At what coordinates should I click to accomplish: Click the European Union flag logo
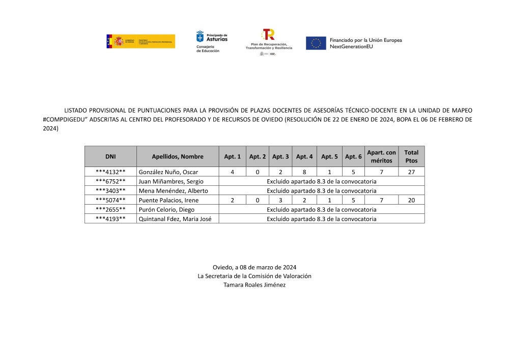316,43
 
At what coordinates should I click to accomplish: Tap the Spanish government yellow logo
140,41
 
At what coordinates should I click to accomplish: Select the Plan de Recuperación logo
269,42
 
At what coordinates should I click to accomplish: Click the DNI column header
110,156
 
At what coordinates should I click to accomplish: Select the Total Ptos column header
411,156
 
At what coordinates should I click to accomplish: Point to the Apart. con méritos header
381,156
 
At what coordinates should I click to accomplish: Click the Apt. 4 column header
304,156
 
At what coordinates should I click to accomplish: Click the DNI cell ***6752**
110,181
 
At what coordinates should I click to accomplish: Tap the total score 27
411,172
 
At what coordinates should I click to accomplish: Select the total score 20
411,200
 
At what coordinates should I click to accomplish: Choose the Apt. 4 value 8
304,172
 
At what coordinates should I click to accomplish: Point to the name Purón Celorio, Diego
166,209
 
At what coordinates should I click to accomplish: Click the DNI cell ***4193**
110,219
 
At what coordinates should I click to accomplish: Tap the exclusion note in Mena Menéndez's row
321,191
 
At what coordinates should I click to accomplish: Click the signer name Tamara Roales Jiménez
254,285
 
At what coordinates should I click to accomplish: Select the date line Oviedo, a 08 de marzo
254,267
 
